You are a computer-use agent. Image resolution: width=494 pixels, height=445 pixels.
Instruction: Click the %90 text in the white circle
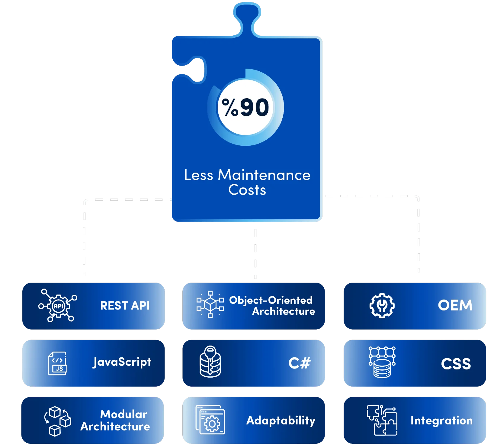click(245, 107)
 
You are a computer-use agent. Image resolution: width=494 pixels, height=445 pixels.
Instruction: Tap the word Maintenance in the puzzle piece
click(264, 175)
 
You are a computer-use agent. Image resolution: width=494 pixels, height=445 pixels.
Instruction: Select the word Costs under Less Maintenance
click(247, 190)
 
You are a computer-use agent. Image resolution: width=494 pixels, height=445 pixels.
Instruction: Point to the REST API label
click(125, 306)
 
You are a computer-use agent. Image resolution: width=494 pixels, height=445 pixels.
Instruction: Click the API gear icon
click(58, 306)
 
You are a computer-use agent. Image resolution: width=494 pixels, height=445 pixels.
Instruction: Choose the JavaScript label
click(122, 362)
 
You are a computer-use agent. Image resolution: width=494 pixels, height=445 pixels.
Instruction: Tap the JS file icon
click(58, 363)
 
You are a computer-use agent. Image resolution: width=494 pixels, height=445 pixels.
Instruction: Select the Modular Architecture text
click(116, 420)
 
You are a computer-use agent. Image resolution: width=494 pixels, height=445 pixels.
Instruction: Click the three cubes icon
click(57, 421)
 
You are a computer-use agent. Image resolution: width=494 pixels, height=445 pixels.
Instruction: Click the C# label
click(299, 363)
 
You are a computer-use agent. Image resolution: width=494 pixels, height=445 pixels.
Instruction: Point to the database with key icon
click(210, 362)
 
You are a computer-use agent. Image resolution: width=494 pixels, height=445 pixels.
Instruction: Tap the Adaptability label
click(281, 421)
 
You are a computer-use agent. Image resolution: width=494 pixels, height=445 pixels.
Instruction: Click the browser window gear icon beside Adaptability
click(210, 420)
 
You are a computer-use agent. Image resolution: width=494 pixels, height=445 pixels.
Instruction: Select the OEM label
click(455, 305)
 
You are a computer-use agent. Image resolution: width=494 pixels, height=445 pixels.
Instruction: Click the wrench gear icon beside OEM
click(382, 306)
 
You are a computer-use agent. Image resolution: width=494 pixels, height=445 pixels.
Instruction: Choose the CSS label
click(456, 364)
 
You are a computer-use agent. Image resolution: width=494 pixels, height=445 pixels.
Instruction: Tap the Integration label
click(441, 421)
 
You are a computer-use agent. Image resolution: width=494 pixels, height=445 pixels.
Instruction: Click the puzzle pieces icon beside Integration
click(382, 420)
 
